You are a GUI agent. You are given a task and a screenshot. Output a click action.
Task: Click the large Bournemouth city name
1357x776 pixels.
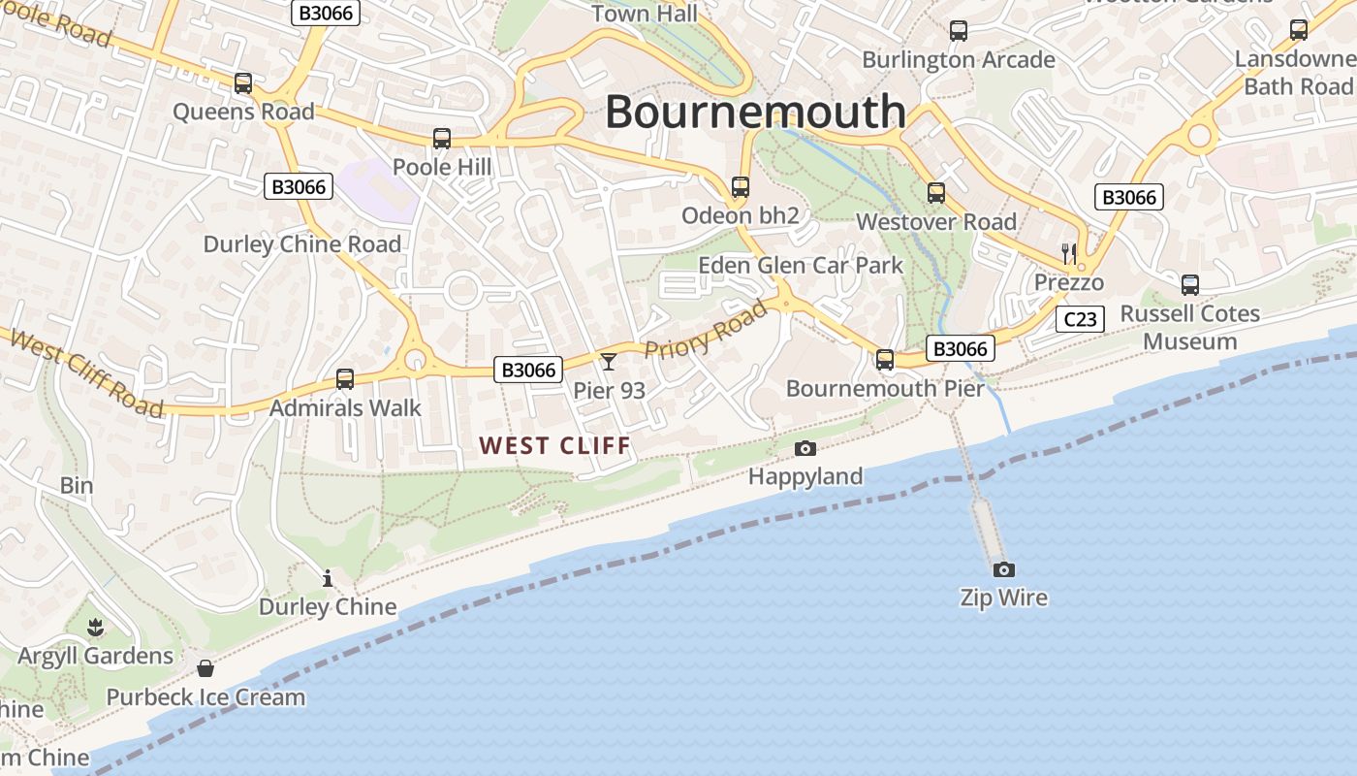click(755, 112)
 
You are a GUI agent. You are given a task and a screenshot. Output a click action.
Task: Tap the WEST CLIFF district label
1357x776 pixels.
click(555, 445)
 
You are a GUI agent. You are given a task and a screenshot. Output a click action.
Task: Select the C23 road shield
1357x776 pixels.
click(1080, 319)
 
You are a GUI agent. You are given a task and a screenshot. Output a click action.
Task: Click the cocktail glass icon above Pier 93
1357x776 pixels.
click(609, 362)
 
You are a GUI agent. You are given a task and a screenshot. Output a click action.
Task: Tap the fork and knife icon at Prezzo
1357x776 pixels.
click(1069, 254)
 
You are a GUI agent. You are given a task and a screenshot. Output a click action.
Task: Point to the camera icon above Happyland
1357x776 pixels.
click(805, 448)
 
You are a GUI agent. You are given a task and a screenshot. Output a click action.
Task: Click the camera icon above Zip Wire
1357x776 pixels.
click(1003, 569)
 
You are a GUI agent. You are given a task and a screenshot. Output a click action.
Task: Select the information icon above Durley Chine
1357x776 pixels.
click(328, 579)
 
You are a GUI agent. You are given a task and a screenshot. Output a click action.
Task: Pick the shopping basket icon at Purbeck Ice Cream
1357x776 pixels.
click(205, 668)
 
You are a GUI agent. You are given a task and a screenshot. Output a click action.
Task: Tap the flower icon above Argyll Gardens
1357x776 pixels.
click(95, 628)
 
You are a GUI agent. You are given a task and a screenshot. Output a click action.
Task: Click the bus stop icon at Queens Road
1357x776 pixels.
click(243, 83)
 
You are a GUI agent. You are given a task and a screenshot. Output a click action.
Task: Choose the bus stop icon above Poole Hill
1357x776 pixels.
click(442, 139)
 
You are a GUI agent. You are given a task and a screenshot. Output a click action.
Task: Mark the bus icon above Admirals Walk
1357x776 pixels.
click(345, 379)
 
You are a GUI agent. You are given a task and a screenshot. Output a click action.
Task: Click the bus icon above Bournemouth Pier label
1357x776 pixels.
click(885, 360)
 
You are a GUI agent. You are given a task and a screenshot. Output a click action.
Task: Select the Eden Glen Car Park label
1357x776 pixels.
click(801, 265)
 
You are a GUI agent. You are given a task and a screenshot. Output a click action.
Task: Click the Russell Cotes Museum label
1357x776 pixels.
click(1189, 327)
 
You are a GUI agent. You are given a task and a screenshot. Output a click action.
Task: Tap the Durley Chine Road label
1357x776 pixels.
click(301, 243)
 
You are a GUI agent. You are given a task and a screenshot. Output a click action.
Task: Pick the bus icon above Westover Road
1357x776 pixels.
click(935, 193)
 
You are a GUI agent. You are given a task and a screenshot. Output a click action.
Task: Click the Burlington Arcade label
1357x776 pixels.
click(958, 59)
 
